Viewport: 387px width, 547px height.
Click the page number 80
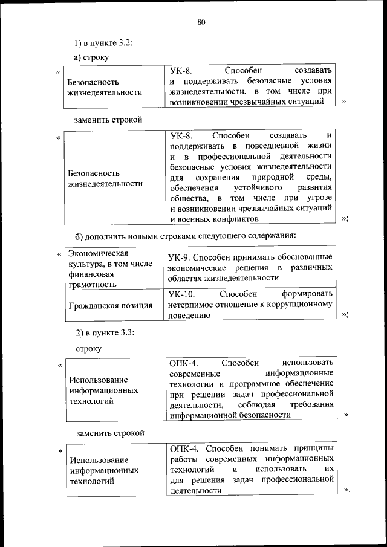click(x=201, y=22)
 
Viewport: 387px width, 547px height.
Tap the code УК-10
click(x=181, y=294)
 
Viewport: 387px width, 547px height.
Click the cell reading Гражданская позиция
click(x=110, y=305)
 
